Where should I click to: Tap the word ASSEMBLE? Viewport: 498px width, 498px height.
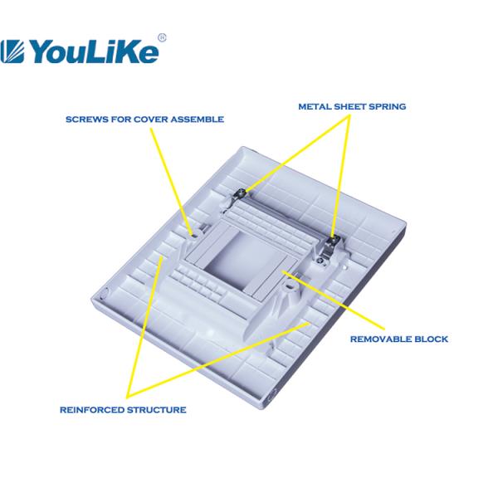(x=197, y=120)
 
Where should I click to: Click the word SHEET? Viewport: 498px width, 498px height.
(x=352, y=107)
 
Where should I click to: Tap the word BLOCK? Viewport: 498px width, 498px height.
(x=434, y=339)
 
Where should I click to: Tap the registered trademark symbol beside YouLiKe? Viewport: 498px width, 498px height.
(x=162, y=37)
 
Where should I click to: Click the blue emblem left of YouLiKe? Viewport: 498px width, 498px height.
(x=15, y=52)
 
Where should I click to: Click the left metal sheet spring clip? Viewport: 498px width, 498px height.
(x=239, y=195)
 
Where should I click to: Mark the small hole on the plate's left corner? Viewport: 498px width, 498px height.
(x=106, y=292)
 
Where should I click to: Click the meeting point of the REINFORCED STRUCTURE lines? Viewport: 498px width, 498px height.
(x=127, y=395)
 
